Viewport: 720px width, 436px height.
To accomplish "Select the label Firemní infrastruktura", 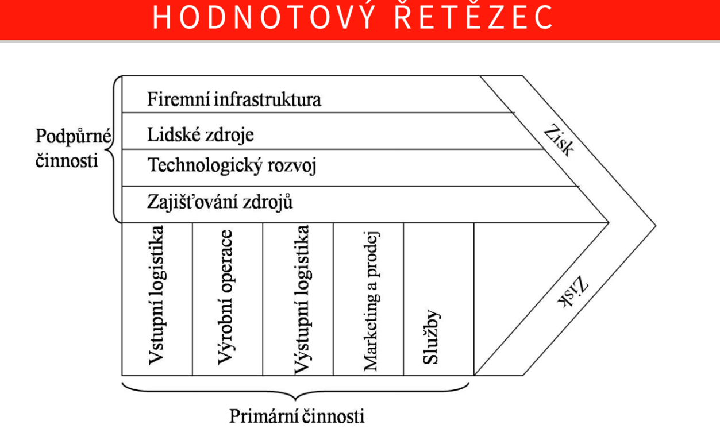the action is [x=234, y=99].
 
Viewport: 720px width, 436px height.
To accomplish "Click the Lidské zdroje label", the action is [x=200, y=135].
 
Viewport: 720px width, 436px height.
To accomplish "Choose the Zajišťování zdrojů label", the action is [x=220, y=202].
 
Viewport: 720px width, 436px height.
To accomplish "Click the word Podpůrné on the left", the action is [x=74, y=137].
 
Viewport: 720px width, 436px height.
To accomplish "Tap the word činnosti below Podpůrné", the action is [x=67, y=160].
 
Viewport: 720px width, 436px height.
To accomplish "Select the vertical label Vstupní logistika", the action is [x=156, y=295].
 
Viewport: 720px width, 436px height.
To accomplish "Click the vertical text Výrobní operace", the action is [x=225, y=297].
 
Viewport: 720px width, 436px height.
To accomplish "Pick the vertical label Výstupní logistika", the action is [x=302, y=300].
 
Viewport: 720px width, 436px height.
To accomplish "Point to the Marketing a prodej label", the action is [x=372, y=301].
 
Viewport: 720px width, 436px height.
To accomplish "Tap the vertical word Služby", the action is [x=431, y=337].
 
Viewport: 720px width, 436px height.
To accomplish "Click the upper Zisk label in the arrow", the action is [x=559, y=140].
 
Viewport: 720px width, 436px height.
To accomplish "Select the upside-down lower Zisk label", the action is [x=573, y=292].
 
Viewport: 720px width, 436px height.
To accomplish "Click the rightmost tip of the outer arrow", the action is [x=656, y=226].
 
